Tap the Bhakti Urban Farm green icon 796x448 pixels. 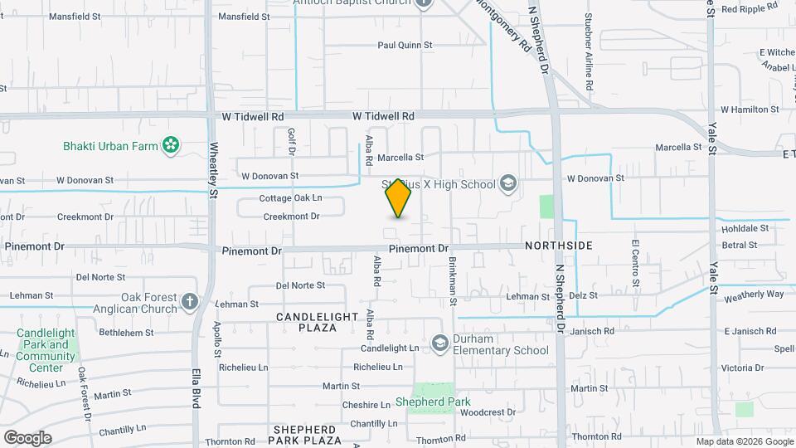[171, 146]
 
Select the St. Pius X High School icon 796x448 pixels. [507, 184]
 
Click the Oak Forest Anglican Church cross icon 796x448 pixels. [190, 300]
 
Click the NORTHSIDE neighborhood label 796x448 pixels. [558, 246]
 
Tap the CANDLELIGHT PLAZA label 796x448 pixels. [318, 322]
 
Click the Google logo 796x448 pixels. [27, 437]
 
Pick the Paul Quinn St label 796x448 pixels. [405, 45]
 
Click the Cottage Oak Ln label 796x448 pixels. [290, 198]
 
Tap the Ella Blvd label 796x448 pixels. [197, 390]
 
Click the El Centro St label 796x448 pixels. [635, 263]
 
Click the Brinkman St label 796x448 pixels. [453, 280]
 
